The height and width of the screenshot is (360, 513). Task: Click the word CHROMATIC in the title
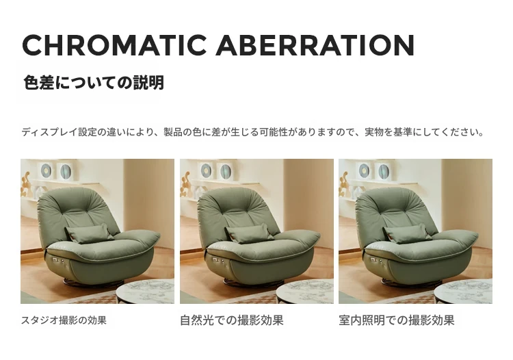tap(114, 45)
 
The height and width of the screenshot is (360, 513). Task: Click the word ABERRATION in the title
tap(315, 45)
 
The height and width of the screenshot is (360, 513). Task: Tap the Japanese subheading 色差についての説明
tap(94, 83)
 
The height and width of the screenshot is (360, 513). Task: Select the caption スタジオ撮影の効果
tap(64, 320)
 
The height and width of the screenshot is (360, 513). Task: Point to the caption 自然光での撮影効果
tap(232, 320)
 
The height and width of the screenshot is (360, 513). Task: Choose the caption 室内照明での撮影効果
tap(397, 320)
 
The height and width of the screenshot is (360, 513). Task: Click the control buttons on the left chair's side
tap(57, 261)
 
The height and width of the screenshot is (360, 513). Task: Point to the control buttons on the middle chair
tap(218, 261)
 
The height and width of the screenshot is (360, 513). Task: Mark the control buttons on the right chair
tap(376, 261)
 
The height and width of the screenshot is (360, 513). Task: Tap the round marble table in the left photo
tap(145, 292)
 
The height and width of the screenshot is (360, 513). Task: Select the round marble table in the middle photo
tap(305, 292)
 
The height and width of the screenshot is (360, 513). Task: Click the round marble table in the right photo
tap(463, 292)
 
